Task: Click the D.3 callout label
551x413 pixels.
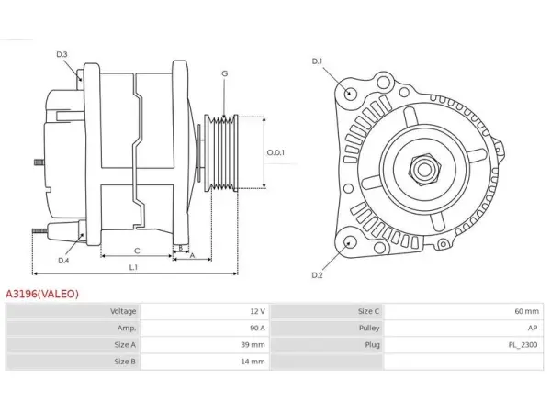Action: pos(62,54)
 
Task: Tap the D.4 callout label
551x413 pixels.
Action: pos(63,261)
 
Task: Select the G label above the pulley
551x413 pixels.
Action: pos(225,73)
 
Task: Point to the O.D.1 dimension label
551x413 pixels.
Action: pos(275,152)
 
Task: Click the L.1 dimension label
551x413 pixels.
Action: pos(133,268)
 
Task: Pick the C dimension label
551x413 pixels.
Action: pos(137,251)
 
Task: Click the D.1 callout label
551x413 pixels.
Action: pos(317,61)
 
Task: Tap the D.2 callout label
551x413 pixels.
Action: pos(317,275)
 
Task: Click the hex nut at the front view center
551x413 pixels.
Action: pos(424,170)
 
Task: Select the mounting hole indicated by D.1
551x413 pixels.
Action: pos(349,93)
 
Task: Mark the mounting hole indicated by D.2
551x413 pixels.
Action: pos(349,243)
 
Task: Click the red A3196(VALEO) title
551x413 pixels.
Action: pos(42,294)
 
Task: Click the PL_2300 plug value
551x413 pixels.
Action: pos(523,345)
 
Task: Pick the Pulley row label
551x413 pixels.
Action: pos(369,328)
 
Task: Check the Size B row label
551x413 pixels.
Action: pos(125,362)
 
